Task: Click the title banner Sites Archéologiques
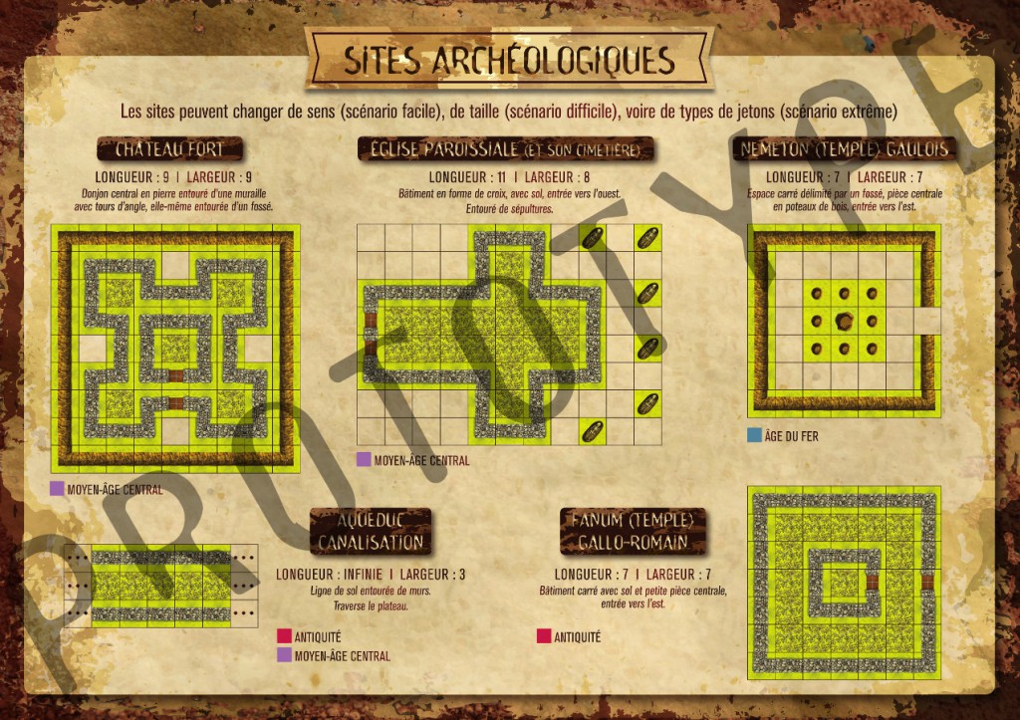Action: coord(509,60)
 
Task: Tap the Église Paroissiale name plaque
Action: coord(506,150)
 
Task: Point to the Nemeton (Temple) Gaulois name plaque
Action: coord(844,150)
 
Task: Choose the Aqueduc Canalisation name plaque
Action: coord(371,531)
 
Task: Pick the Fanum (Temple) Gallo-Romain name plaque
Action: coord(633,531)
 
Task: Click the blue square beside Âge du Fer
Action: coord(754,435)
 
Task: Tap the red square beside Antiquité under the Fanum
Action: coord(544,636)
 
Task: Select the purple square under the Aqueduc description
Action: coord(284,655)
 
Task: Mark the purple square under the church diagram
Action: coord(364,460)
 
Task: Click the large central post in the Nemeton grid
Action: coord(844,321)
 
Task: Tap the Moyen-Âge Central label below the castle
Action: coord(115,490)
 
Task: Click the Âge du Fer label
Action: coord(793,436)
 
